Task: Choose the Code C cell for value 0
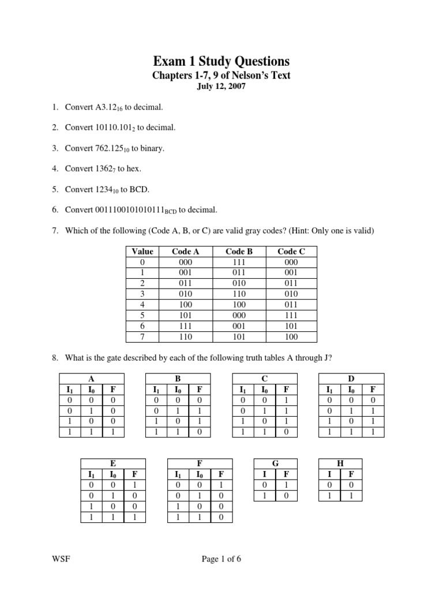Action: click(291, 261)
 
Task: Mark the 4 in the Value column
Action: click(142, 305)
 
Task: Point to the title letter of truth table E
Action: click(112, 463)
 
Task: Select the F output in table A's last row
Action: click(113, 431)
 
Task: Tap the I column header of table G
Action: click(264, 474)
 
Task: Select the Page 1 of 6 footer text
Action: click(221, 559)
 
